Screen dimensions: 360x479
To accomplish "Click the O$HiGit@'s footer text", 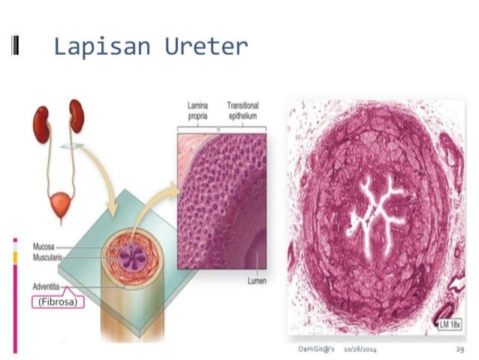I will point(315,350).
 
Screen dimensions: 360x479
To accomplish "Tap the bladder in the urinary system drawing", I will point(60,201).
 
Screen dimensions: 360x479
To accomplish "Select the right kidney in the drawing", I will point(77,116).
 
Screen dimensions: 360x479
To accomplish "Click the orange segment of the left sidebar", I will point(14,257).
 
